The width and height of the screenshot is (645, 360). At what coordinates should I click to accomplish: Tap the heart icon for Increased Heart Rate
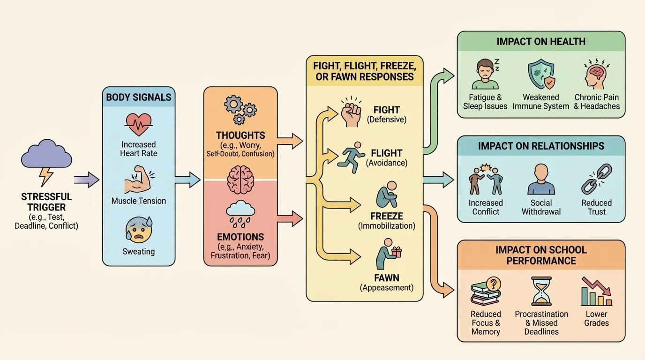(x=138, y=124)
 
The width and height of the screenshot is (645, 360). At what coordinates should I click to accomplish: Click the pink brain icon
(x=240, y=180)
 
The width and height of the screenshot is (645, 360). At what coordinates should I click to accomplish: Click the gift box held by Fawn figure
(x=397, y=253)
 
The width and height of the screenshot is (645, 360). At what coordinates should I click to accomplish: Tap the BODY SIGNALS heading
(x=139, y=97)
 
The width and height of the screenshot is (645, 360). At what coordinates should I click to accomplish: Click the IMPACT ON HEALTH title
(x=541, y=41)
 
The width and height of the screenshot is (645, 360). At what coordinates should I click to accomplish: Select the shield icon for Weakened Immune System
(x=541, y=74)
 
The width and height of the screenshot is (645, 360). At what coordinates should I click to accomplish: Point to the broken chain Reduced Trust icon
(x=596, y=179)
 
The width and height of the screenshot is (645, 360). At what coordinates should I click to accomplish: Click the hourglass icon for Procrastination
(x=541, y=291)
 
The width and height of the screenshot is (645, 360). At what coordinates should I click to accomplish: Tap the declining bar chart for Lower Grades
(x=596, y=291)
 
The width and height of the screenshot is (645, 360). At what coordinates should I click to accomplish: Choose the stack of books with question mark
(x=486, y=291)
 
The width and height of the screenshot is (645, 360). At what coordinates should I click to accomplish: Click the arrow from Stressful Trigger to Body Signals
(x=86, y=180)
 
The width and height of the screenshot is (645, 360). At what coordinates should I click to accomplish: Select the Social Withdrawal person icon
(x=541, y=180)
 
